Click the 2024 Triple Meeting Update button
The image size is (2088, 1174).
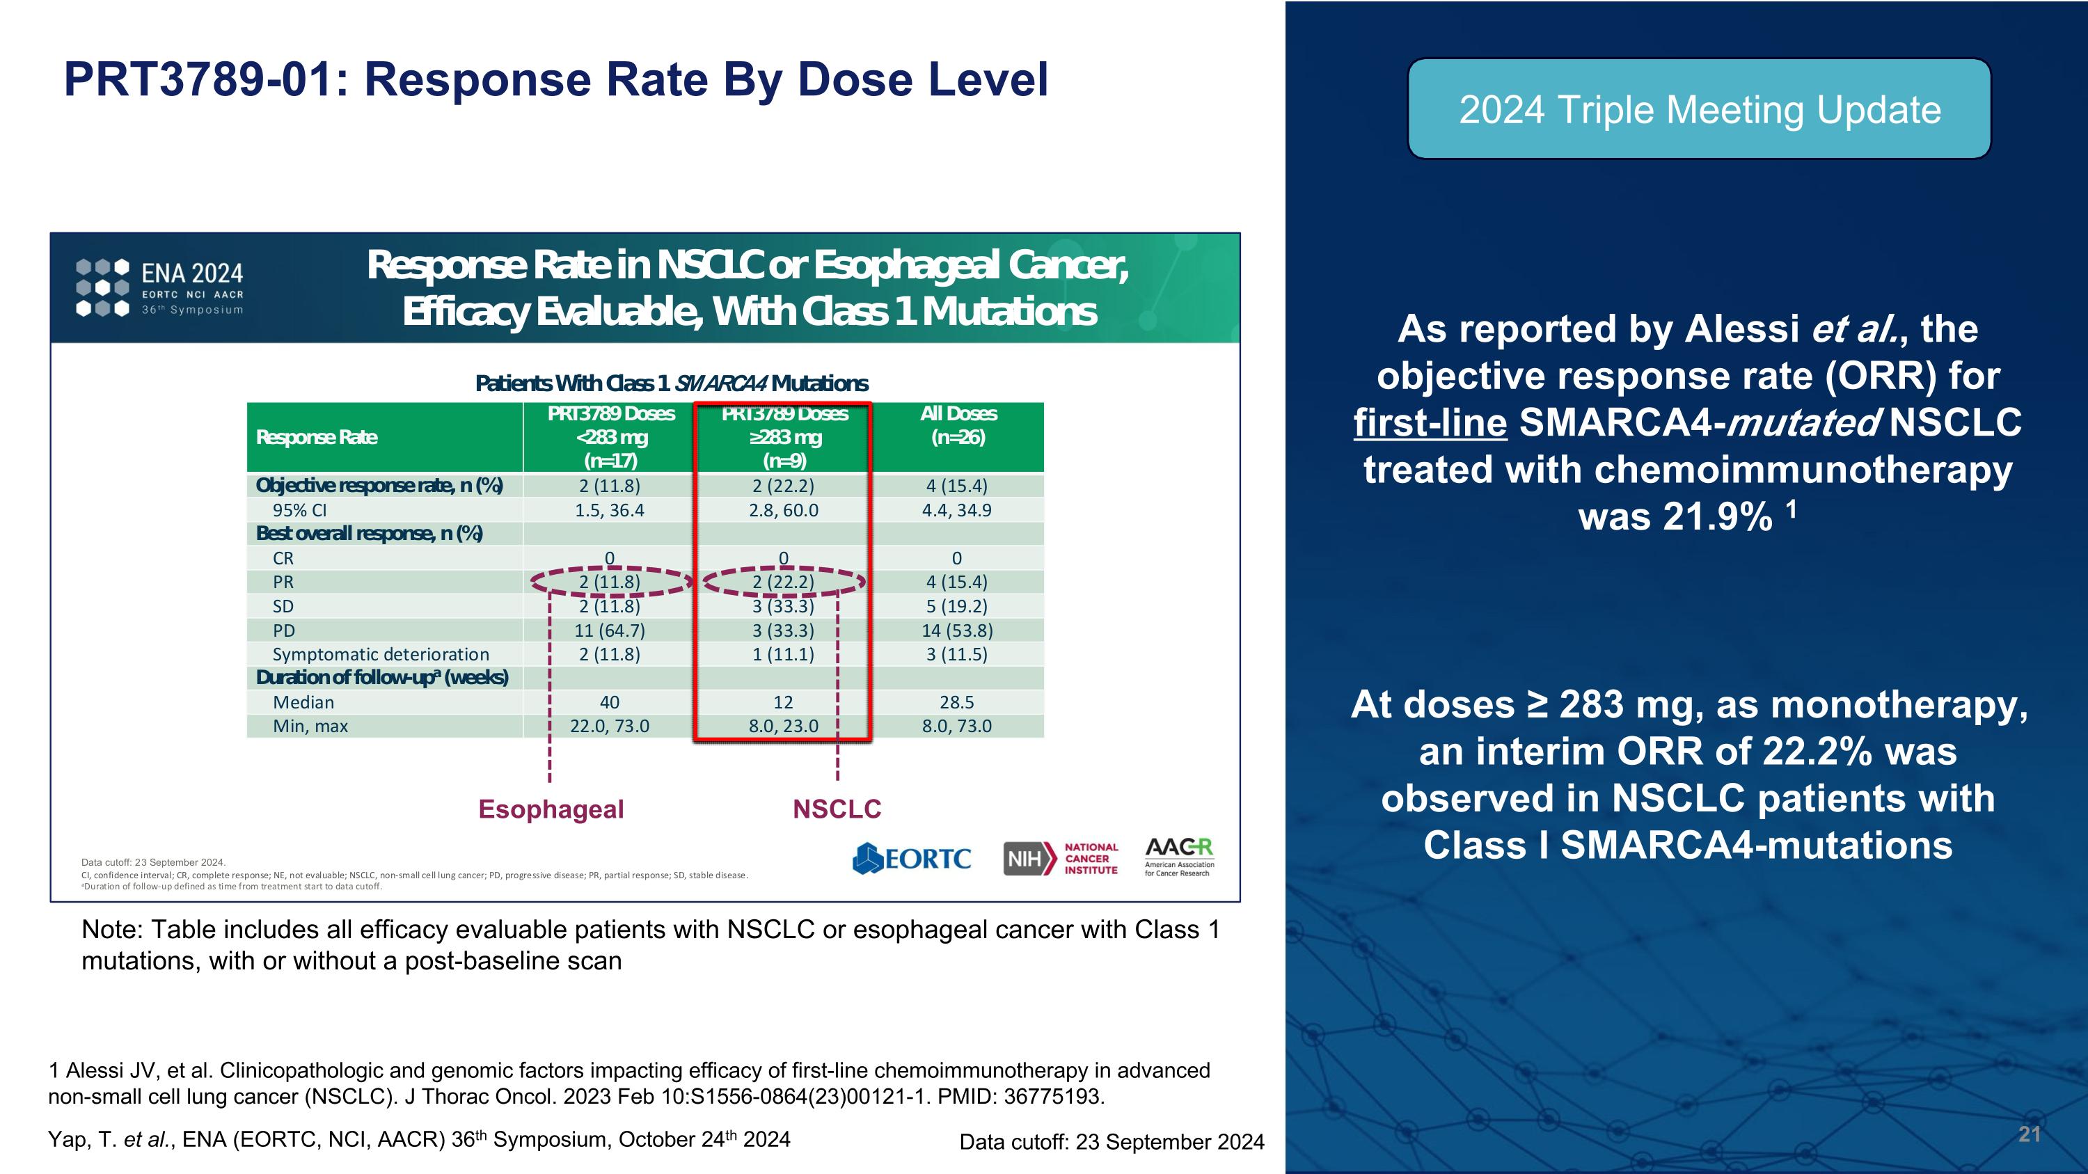[1699, 109]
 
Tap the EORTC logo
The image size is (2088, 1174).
[912, 859]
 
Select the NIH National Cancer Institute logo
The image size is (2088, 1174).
[1061, 859]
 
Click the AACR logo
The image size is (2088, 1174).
[1179, 857]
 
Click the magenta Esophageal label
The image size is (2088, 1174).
[551, 809]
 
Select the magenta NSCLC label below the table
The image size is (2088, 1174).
[837, 809]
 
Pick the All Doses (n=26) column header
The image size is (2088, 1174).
[958, 426]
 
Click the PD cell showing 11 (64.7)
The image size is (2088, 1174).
[610, 630]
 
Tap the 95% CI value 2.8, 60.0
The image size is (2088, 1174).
[783, 510]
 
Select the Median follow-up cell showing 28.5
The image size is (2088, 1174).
[956, 702]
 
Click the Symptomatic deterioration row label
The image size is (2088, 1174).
[381, 655]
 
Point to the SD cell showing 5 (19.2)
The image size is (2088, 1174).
[956, 606]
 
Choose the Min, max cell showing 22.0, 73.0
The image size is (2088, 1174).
[610, 726]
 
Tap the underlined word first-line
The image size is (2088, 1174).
[1430, 423]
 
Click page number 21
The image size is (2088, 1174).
[2029, 1134]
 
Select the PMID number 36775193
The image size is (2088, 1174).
[1054, 1097]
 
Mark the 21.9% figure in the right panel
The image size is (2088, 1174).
[1675, 517]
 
